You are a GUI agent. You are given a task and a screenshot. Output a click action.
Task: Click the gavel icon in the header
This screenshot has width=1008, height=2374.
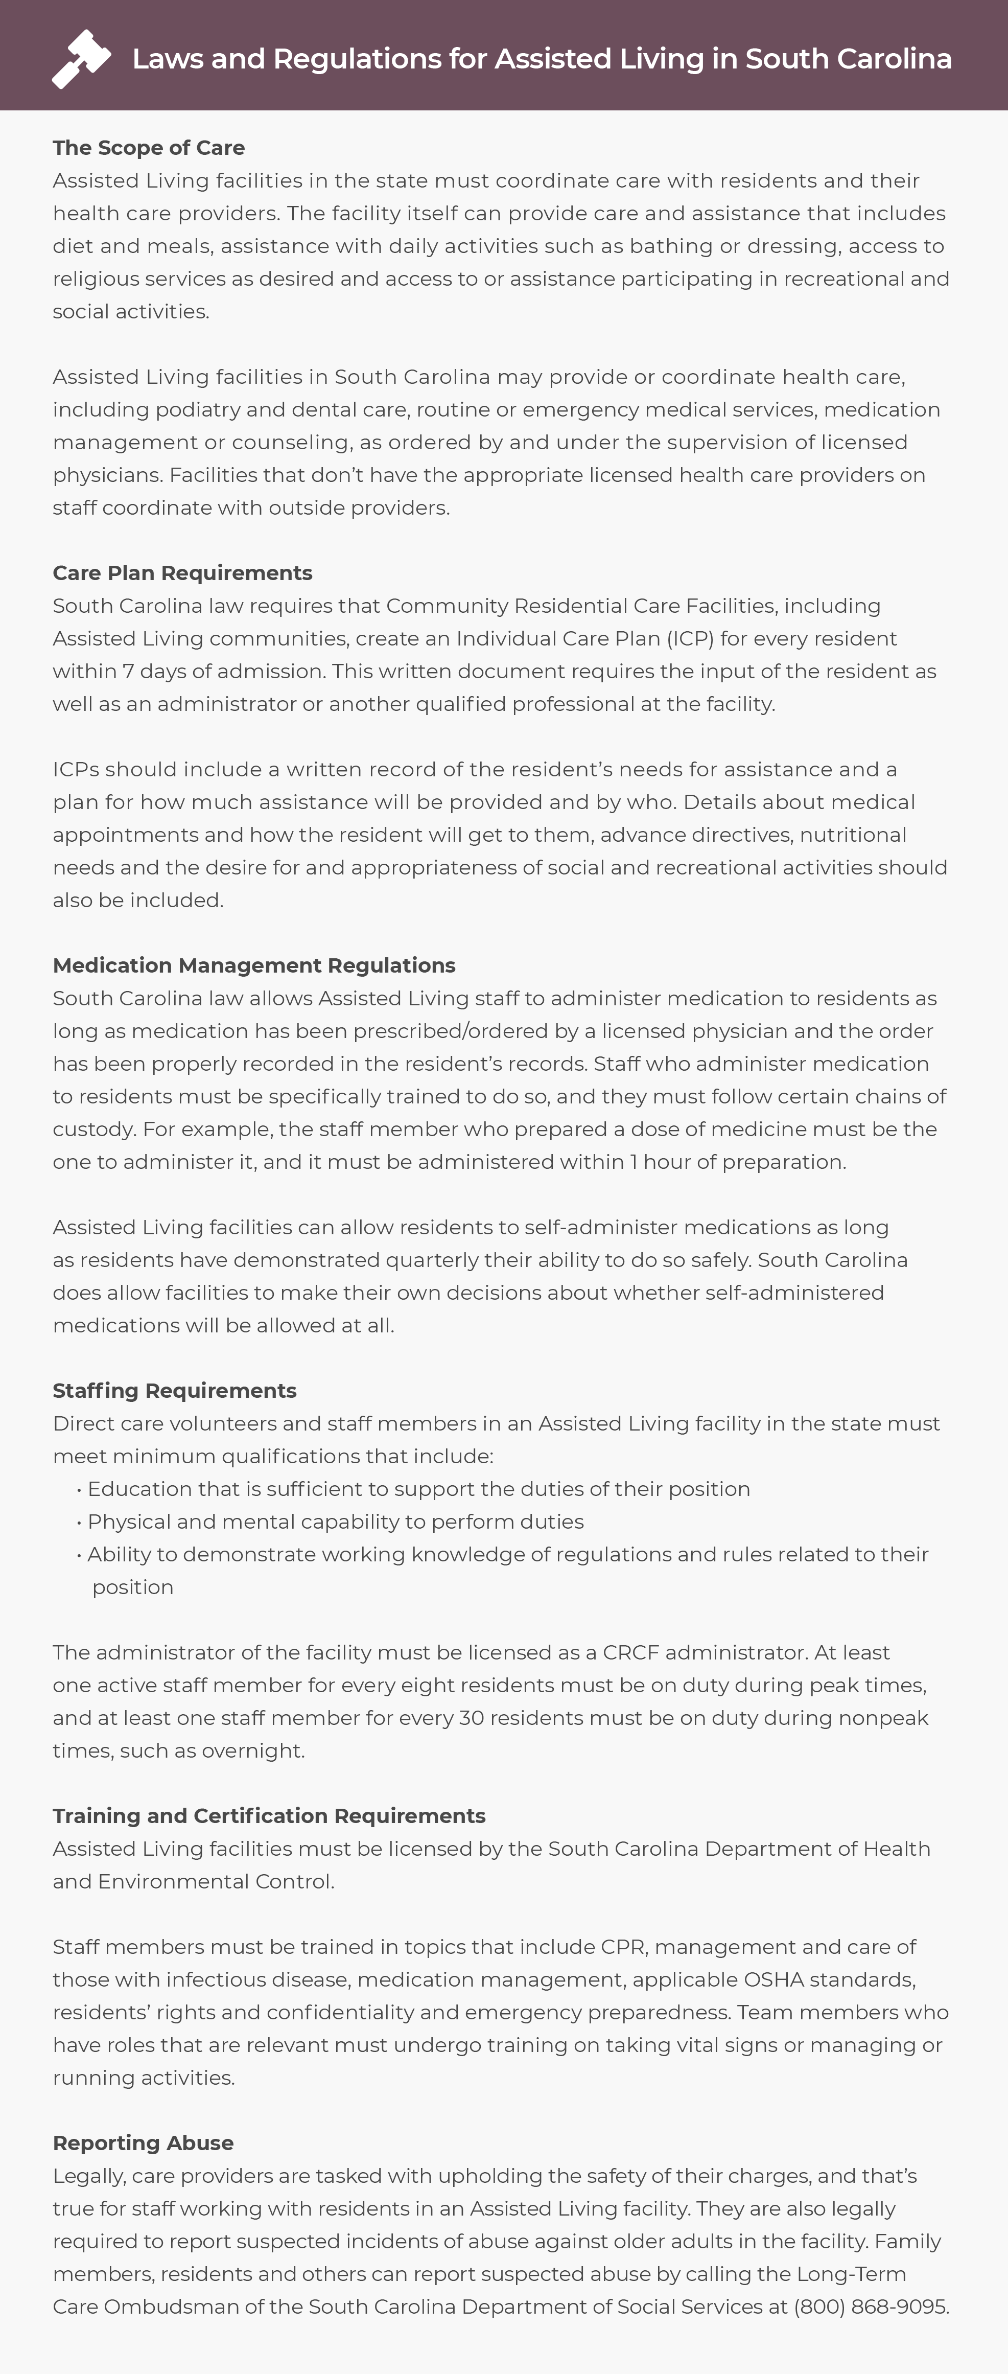coord(81,59)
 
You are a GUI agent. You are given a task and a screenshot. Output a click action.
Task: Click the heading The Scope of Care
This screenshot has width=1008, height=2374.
coord(148,148)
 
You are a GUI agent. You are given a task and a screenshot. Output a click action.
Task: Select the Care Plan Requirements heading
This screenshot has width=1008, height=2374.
coord(182,572)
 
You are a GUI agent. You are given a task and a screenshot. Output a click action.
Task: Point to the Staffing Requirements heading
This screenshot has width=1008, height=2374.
coord(174,1390)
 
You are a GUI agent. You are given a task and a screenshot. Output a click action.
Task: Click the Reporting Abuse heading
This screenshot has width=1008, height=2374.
coord(143,2142)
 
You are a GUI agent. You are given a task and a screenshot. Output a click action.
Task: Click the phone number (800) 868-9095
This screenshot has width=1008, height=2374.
coord(871,2306)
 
